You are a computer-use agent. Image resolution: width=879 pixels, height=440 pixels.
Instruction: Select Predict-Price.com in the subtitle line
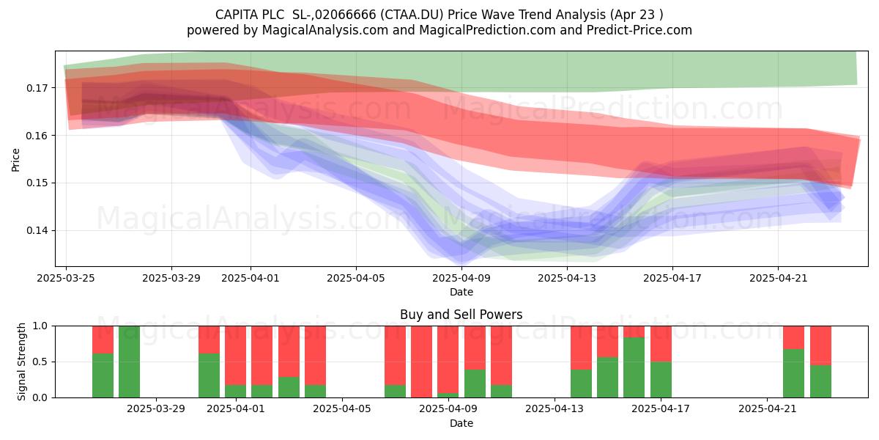639,30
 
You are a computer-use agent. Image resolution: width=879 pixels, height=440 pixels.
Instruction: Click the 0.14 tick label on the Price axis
37,230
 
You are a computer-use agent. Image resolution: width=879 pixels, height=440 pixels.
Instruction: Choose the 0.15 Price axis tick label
37,183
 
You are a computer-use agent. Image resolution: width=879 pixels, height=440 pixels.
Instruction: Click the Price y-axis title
15,160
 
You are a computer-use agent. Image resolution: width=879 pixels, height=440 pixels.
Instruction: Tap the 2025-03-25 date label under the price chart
66,278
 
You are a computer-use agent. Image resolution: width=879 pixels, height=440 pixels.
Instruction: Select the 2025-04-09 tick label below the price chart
461,278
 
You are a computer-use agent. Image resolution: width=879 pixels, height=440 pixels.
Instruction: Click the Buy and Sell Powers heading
461,315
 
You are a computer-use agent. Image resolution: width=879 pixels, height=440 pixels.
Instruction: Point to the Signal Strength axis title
21,362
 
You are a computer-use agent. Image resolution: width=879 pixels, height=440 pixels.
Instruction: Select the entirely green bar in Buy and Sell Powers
129,362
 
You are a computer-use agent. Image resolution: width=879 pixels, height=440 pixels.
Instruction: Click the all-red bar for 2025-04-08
421,362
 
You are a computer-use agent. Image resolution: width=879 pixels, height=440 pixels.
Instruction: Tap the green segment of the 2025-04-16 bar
634,367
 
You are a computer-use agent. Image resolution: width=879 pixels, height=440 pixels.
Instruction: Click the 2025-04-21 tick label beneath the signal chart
768,409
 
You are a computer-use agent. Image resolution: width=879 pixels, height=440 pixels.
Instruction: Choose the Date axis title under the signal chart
461,423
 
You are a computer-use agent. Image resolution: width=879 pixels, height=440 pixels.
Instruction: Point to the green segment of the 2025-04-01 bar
235,392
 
